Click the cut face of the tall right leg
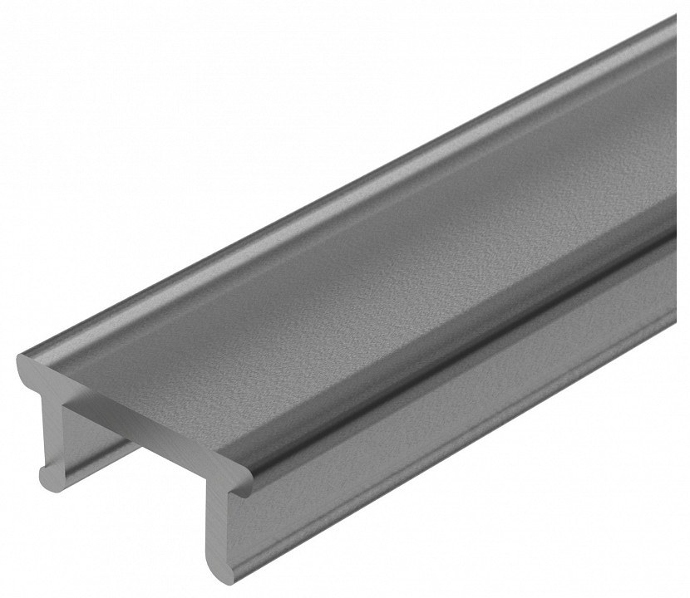click(218, 532)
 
